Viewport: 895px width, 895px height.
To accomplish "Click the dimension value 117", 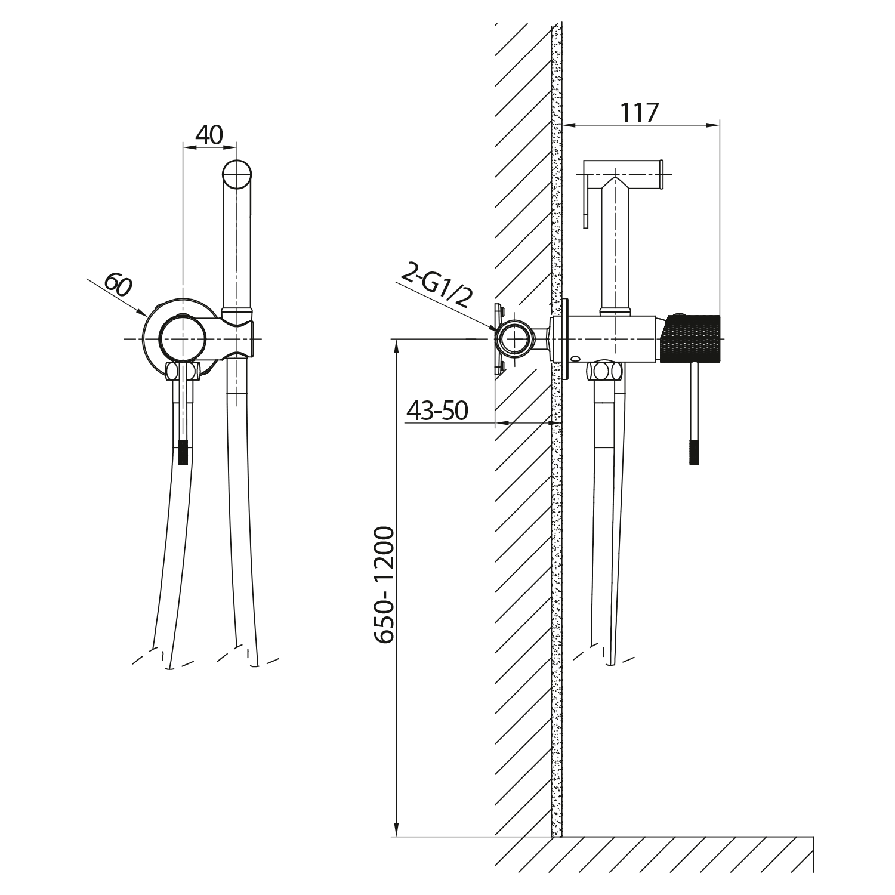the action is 639,113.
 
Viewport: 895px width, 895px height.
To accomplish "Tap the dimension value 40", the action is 209,135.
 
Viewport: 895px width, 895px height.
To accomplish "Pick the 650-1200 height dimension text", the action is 385,584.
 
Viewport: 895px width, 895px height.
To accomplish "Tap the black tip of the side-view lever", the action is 693,452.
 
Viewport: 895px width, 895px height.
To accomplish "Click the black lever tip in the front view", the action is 184,452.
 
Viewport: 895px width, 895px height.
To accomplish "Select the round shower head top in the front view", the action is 237,175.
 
